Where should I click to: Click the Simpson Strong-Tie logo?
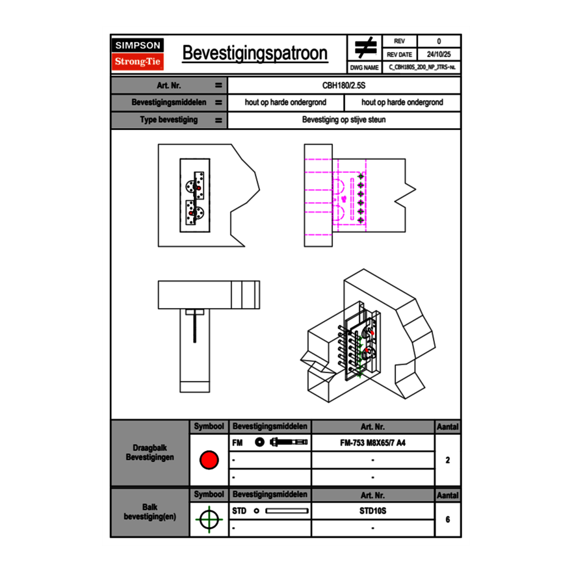(138, 54)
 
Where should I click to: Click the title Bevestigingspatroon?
(255, 53)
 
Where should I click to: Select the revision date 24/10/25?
(439, 55)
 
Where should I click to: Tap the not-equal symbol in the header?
(365, 48)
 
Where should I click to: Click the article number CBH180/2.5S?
(344, 85)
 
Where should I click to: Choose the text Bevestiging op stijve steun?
(344, 120)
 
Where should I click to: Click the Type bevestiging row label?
(169, 120)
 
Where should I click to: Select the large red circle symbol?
(209, 460)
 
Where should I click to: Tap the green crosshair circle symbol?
(209, 519)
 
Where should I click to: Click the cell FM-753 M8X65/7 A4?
(372, 443)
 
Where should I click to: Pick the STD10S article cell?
(372, 511)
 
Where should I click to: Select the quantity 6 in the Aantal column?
(448, 519)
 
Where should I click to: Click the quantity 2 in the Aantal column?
(448, 460)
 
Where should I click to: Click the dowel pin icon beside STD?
(286, 511)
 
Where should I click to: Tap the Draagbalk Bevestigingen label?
(150, 453)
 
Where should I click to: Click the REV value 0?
(439, 42)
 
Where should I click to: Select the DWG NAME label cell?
(365, 68)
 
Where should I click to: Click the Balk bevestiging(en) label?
(150, 512)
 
